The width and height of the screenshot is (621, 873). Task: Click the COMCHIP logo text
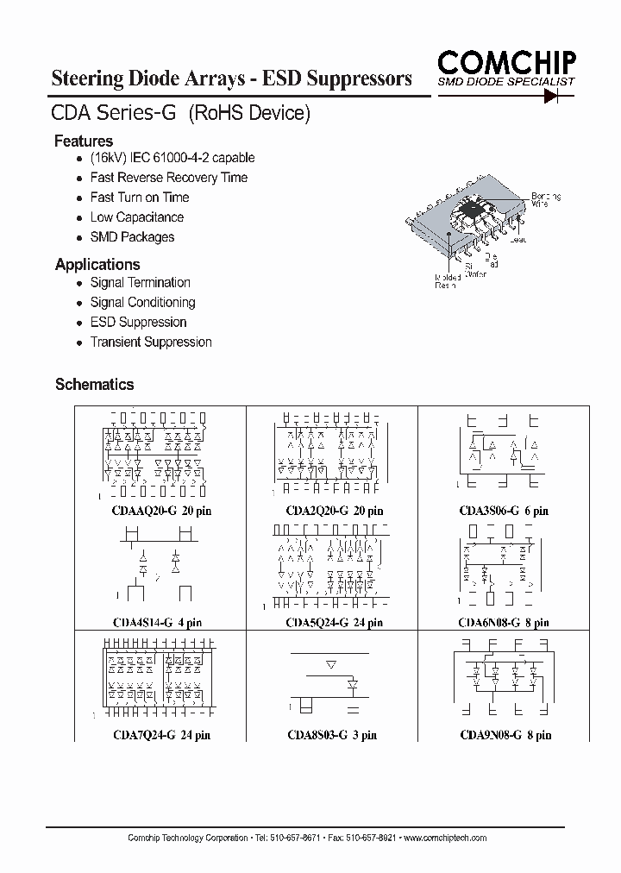[x=506, y=63]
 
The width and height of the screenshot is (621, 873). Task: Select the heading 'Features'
[x=84, y=141]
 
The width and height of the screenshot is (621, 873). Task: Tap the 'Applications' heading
[x=97, y=264]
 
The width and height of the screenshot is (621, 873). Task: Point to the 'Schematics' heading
[x=94, y=384]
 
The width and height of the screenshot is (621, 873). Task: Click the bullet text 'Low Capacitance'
[x=137, y=217]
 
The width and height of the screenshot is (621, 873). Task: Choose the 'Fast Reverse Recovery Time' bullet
[x=169, y=178]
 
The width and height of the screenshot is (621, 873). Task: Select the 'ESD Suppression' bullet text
[x=138, y=322]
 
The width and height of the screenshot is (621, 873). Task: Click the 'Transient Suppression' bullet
[x=151, y=342]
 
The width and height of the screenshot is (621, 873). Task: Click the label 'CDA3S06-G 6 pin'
[x=504, y=511]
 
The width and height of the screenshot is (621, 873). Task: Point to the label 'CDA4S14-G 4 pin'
[x=157, y=622]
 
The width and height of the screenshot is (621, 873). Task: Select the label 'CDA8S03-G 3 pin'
[x=332, y=735]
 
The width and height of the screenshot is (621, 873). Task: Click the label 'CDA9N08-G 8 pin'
[x=505, y=735]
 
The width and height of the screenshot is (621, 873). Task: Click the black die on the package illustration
[x=473, y=206]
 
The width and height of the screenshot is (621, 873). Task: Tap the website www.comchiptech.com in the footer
[x=445, y=838]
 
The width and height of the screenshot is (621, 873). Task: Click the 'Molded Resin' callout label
[x=448, y=281]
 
